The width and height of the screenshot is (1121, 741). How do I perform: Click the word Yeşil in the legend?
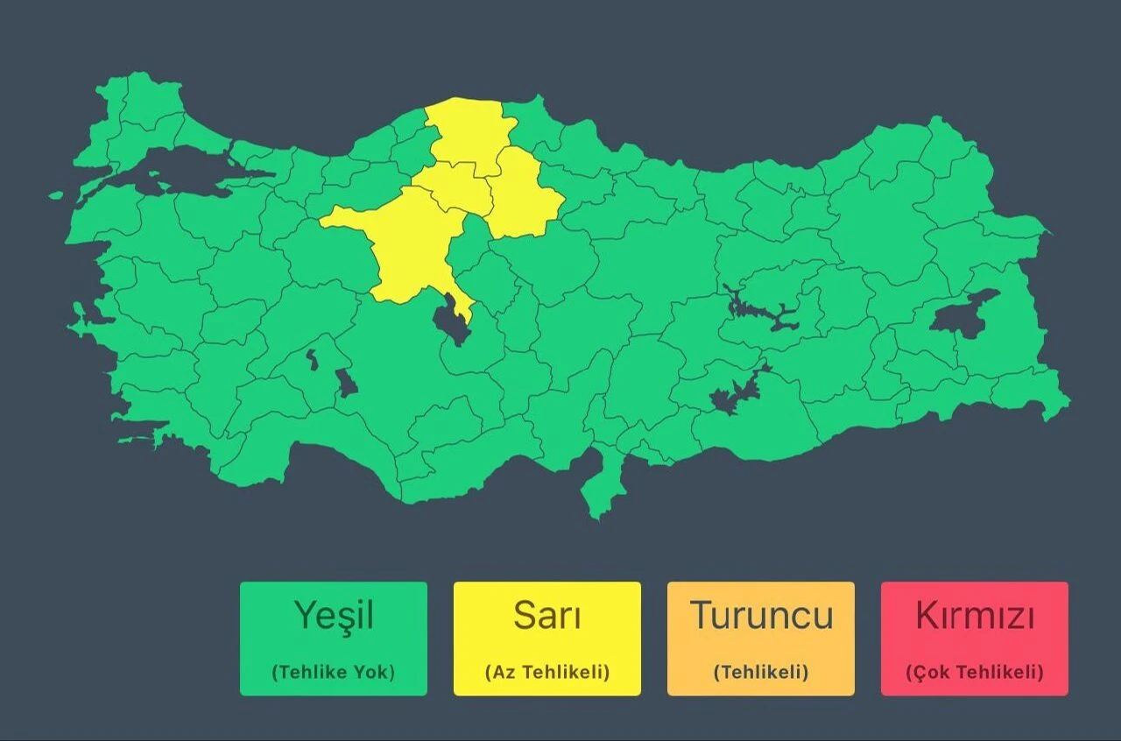[334, 616]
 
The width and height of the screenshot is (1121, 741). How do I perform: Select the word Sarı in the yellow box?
[546, 616]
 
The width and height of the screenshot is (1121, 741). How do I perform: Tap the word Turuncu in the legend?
[761, 616]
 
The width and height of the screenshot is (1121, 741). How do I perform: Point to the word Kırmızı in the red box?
[975, 616]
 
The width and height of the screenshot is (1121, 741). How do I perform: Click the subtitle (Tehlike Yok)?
[334, 672]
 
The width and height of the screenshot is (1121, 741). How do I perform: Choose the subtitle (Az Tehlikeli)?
[546, 672]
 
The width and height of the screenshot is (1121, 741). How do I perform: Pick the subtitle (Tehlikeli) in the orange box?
[761, 672]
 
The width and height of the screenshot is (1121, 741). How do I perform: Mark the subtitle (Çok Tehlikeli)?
[975, 672]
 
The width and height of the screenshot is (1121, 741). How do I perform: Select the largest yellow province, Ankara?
[412, 245]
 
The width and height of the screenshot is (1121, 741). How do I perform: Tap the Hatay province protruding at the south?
[603, 486]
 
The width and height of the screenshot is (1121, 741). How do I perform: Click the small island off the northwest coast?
[56, 195]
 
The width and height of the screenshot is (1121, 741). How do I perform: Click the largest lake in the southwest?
[347, 382]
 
